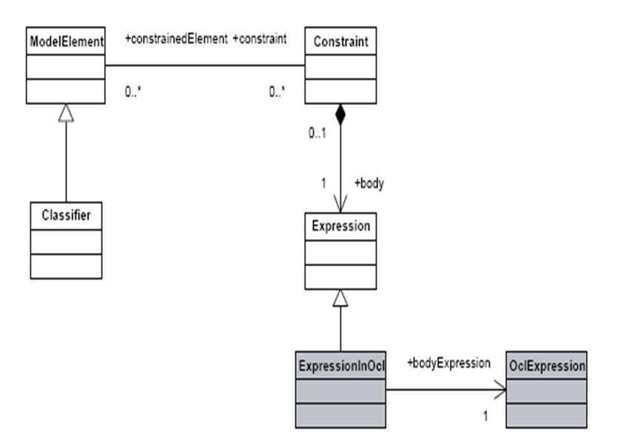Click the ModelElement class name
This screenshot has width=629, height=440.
pos(65,41)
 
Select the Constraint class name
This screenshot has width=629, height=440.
pos(340,41)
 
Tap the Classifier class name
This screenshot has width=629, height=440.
pos(66,216)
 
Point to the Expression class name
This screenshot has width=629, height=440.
pos(340,226)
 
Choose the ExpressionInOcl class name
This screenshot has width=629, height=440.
pos(340,365)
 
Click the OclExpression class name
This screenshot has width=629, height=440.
pos(546,365)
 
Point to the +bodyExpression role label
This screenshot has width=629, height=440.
pos(448,362)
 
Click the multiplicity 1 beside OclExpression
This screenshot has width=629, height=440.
pos(485,416)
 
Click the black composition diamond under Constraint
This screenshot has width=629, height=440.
pos(340,114)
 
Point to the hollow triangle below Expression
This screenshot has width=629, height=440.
pos(340,297)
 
